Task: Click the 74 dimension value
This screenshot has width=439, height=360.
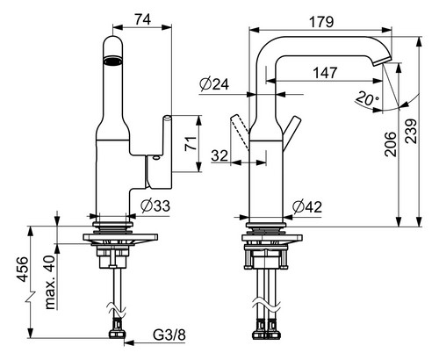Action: coord(142,19)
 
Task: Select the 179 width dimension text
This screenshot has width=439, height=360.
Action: coord(321,22)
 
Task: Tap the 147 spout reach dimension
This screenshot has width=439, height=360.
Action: coord(325,73)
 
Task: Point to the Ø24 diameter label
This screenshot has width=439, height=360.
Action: coord(214,84)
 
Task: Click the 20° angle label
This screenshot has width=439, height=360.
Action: coord(368,98)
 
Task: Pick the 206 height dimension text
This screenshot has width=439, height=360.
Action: coord(390,144)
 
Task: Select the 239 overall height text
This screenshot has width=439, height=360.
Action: coord(411,131)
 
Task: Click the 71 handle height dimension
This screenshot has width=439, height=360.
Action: coord(191,143)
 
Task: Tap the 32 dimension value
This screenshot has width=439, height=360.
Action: coord(219,155)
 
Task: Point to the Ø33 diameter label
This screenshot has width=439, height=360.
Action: coord(155,205)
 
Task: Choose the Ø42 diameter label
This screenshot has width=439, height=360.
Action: coord(307,207)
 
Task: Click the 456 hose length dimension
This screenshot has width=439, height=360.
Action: coord(22,270)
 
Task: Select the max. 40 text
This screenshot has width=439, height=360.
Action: coord(50,283)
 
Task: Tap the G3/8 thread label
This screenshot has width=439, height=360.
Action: coord(169,335)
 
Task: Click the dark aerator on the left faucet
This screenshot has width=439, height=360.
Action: coord(113,61)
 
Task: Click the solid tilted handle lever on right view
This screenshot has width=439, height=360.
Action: coord(291,133)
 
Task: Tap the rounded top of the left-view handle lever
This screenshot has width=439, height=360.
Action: coord(167,117)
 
